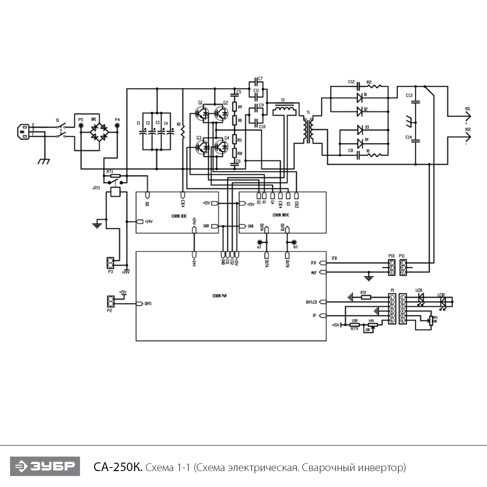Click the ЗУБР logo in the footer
[x=45, y=466]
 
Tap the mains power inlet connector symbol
[x=24, y=132]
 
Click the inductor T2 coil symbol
[x=284, y=111]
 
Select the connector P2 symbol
[x=110, y=301]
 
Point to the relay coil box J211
[x=116, y=192]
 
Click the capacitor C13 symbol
[x=416, y=102]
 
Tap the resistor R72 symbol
[x=366, y=297]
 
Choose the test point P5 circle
[x=81, y=125]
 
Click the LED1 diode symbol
[x=421, y=297]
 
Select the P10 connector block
[x=392, y=267]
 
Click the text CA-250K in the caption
[x=118, y=468]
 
